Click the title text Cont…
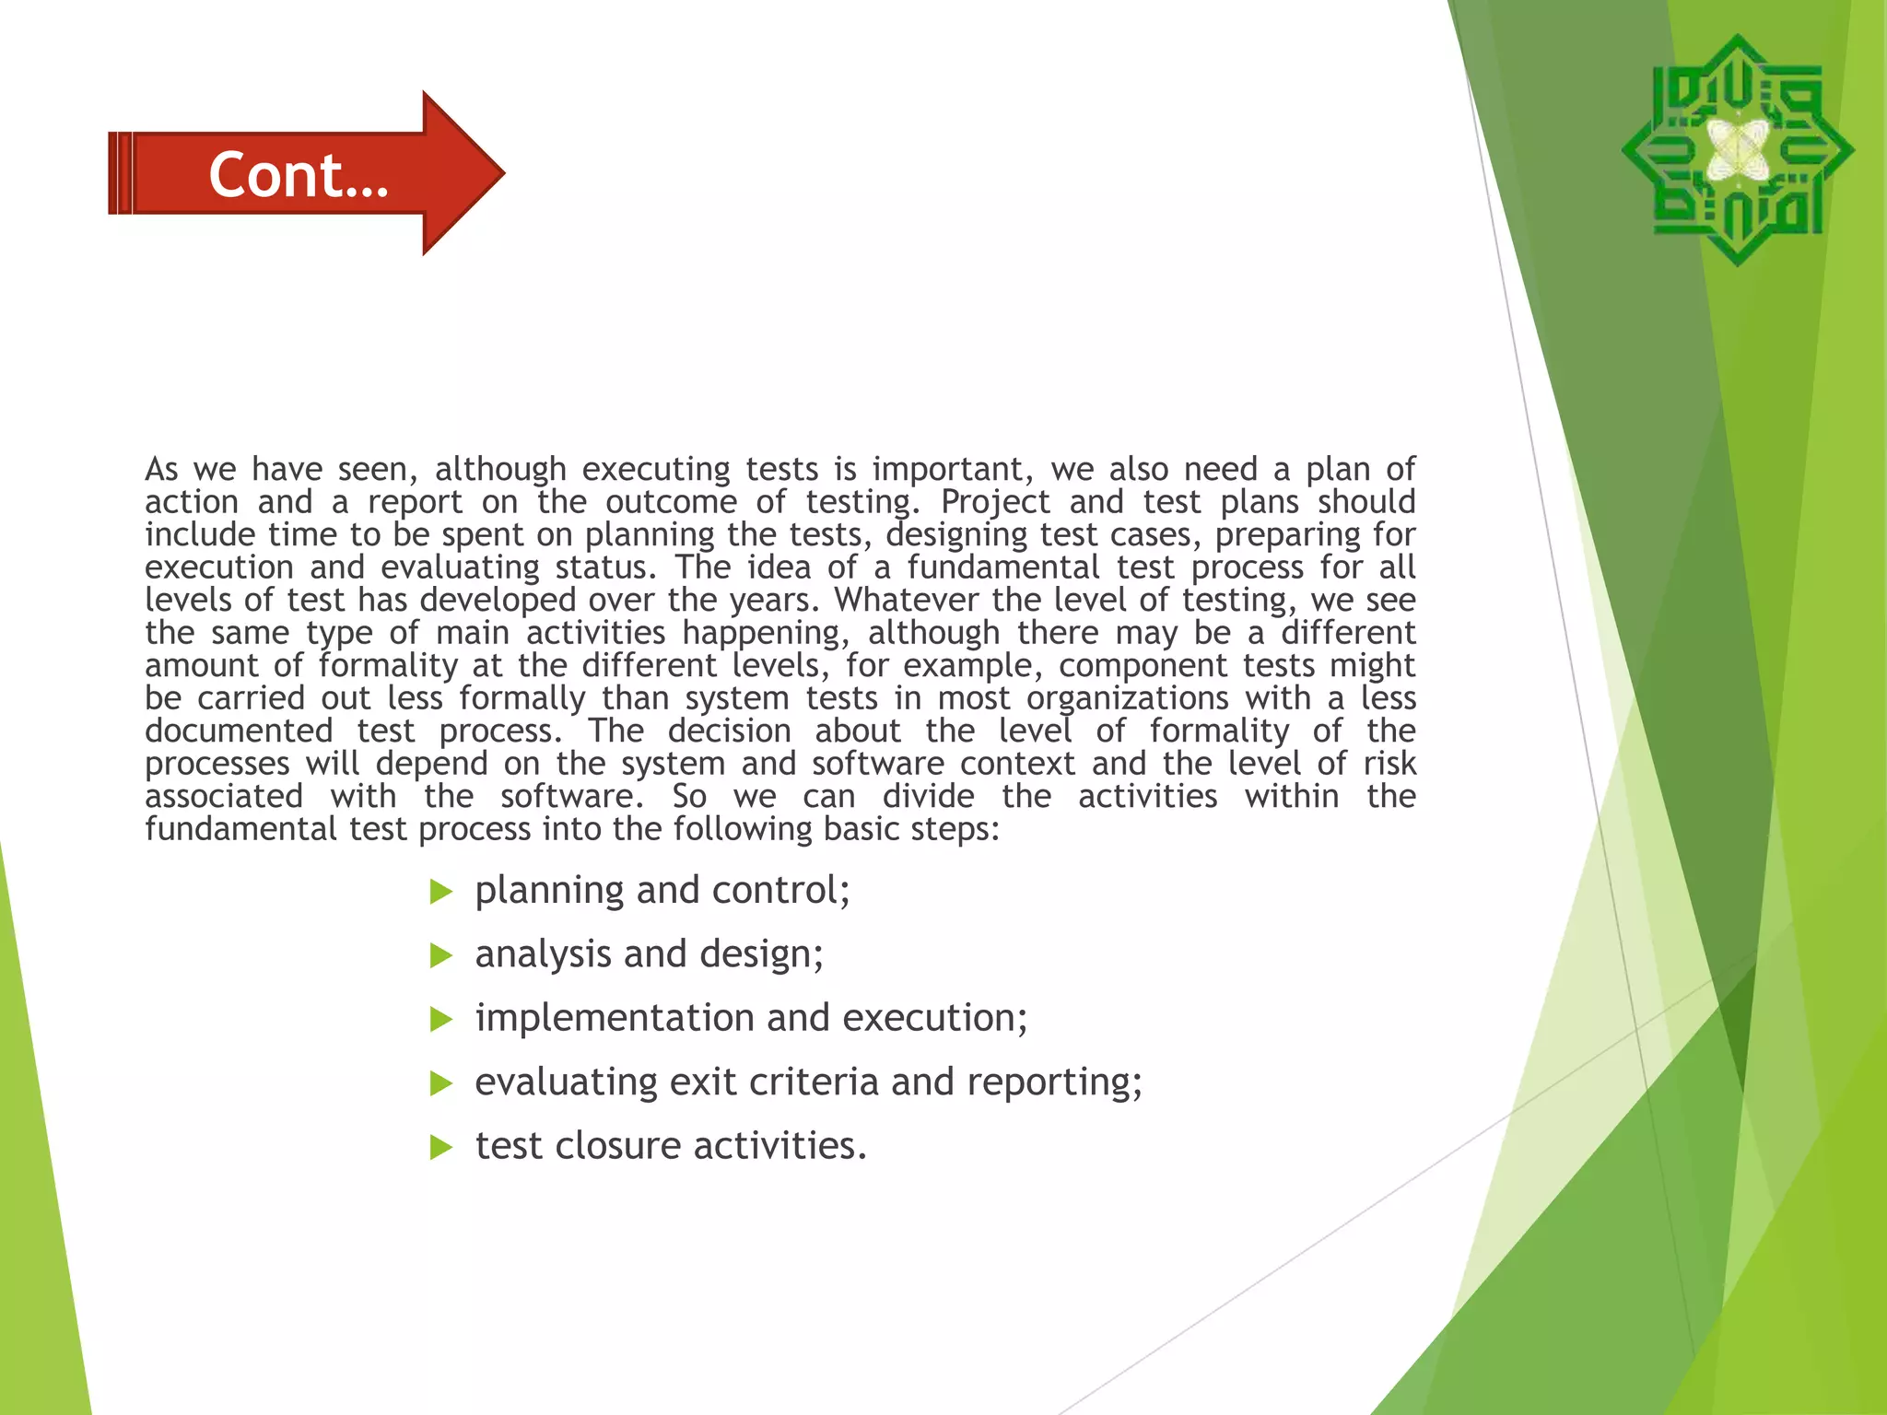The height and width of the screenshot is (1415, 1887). (x=299, y=174)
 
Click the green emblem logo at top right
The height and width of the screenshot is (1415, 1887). (x=1738, y=150)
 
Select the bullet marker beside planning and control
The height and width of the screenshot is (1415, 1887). (x=441, y=892)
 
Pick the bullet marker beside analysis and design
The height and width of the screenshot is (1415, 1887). (x=441, y=956)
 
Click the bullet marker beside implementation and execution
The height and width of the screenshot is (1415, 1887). (x=441, y=1020)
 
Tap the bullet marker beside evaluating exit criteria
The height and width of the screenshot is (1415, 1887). (x=441, y=1083)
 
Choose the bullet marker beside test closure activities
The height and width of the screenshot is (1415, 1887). (x=441, y=1148)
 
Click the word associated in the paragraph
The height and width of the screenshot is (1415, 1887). (x=224, y=796)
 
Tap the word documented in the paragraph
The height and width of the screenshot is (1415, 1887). (x=239, y=731)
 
